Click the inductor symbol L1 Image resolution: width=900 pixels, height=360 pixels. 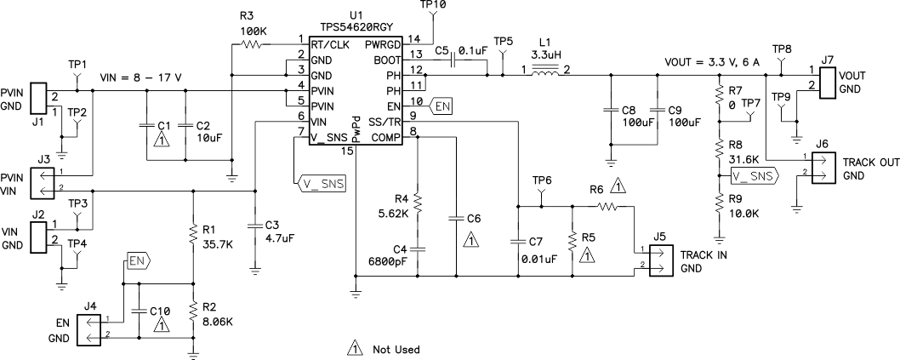click(545, 71)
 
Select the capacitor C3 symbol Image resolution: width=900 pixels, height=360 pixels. click(254, 226)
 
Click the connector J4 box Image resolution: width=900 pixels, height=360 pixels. click(88, 329)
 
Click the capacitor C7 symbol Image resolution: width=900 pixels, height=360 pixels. click(516, 241)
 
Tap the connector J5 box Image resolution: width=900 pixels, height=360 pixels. click(659, 260)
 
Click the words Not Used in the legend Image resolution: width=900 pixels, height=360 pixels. click(396, 349)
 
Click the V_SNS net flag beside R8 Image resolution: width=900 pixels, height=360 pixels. click(752, 176)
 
